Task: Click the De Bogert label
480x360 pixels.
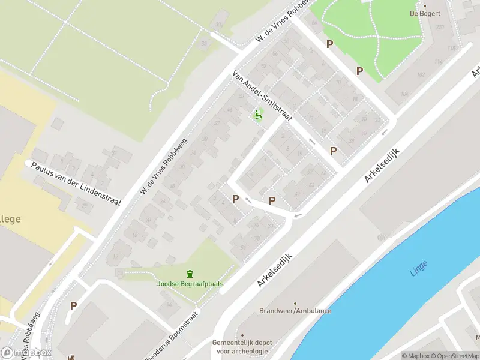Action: click(425, 13)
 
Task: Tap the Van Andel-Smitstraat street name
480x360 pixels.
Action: click(262, 95)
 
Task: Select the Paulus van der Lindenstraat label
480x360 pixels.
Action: click(76, 183)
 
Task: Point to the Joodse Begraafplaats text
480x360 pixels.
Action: click(190, 284)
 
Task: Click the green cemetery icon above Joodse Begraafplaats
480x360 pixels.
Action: click(190, 274)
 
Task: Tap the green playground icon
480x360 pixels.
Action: click(259, 115)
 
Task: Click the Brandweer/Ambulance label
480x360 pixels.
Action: click(295, 311)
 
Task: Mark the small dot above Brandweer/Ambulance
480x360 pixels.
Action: click(295, 303)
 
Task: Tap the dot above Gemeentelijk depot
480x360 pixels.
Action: click(242, 335)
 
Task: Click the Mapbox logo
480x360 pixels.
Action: click(26, 353)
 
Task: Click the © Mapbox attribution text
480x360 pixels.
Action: click(416, 356)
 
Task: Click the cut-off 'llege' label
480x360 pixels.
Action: click(10, 220)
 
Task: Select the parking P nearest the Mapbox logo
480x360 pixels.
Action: click(74, 305)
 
